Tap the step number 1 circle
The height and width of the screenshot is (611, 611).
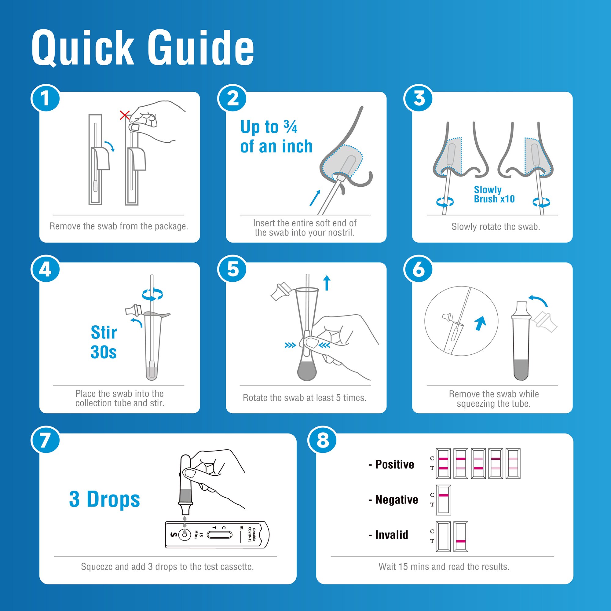45,98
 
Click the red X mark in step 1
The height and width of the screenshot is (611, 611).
125,115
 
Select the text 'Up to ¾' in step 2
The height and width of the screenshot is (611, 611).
269,127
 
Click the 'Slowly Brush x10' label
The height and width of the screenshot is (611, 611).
494,194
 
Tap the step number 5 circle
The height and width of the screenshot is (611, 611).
232,269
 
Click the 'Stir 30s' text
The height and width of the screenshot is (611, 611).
104,342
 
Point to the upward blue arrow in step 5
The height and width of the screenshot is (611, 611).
327,282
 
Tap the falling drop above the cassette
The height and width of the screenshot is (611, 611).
185,518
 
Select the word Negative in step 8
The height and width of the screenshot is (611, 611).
396,499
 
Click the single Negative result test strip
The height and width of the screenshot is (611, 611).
443,500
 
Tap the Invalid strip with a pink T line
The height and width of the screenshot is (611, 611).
461,537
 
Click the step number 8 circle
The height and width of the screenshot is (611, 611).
322,440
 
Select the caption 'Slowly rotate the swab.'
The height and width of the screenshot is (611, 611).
496,226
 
